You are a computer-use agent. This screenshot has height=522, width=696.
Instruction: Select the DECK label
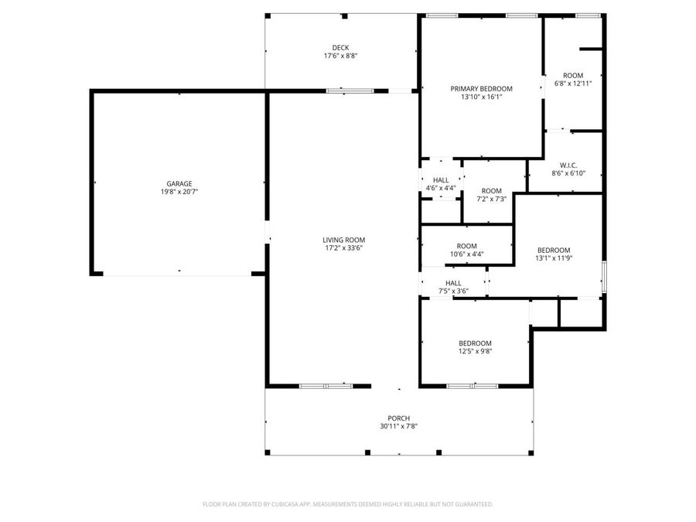(x=340, y=47)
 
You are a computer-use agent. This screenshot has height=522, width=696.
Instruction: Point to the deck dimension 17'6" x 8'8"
(x=340, y=56)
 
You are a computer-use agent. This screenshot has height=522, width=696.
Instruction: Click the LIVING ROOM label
(x=344, y=240)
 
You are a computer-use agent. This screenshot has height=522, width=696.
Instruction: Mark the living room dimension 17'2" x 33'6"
(x=344, y=248)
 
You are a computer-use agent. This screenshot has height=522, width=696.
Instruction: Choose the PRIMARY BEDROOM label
(x=481, y=88)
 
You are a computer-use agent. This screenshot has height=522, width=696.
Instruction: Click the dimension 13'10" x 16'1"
(x=481, y=97)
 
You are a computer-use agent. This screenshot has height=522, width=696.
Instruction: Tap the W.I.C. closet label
(x=568, y=165)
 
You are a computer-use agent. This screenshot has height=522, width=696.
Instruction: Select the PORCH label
(x=399, y=418)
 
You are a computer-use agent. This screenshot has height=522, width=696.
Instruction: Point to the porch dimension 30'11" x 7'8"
(x=399, y=427)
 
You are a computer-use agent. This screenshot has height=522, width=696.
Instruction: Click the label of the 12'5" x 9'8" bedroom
(x=475, y=343)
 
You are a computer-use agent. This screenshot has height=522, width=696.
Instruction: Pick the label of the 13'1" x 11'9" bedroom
(x=554, y=250)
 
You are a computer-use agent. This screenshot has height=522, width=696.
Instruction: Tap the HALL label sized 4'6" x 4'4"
(x=441, y=179)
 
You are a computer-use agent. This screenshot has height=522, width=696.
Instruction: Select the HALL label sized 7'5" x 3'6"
(x=453, y=283)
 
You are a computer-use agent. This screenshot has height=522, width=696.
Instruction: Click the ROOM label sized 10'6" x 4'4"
(x=466, y=245)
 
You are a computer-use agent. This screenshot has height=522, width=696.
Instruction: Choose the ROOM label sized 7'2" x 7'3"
(x=491, y=190)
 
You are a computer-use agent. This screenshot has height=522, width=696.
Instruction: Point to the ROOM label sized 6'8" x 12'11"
(x=573, y=75)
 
